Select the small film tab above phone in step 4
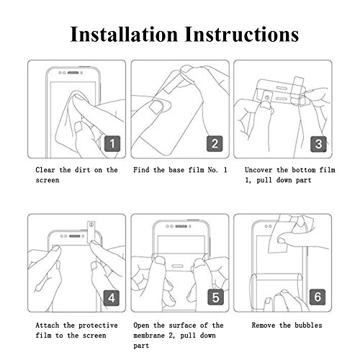coord(90,228)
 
